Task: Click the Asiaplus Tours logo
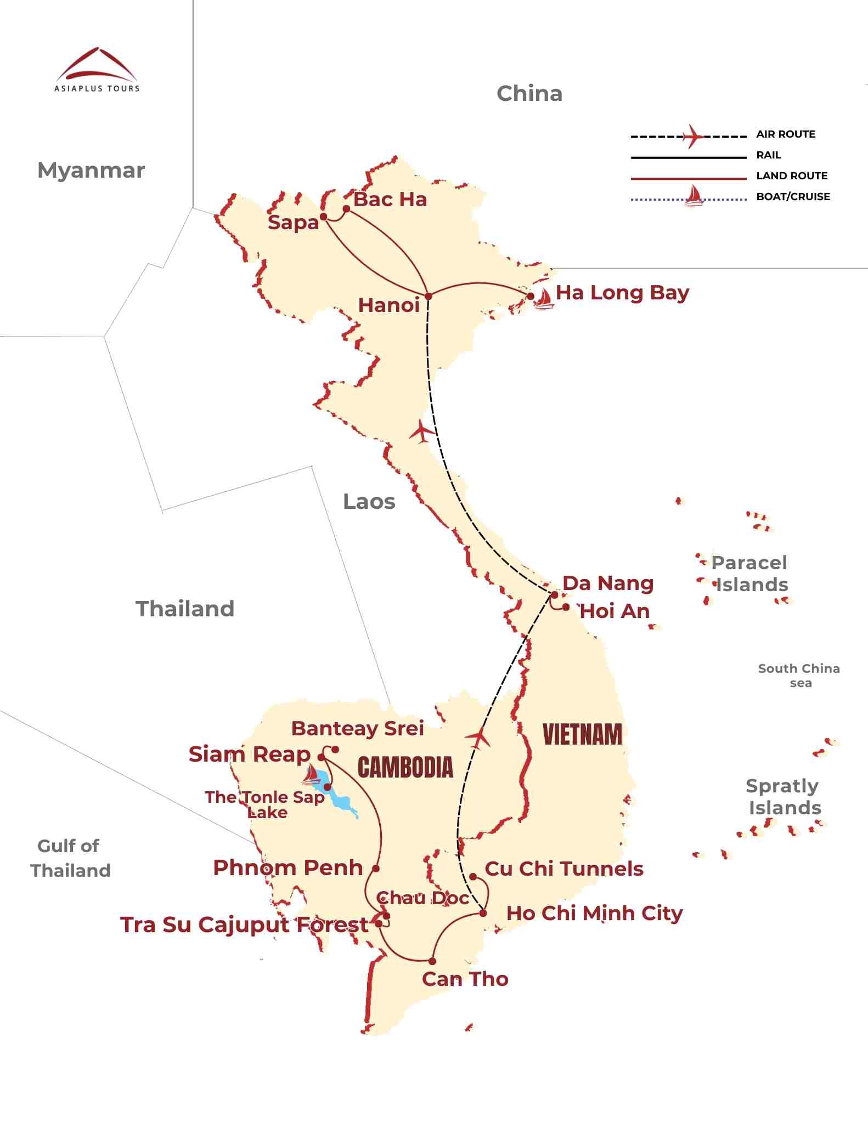pos(97,70)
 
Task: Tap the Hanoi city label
pos(388,305)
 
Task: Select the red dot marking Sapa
pos(324,217)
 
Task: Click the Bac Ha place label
pos(390,200)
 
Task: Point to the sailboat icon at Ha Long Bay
pos(543,299)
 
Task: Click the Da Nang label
pos(608,583)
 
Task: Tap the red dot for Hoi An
pos(566,607)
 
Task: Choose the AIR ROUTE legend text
pos(785,134)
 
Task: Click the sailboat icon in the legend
pos(694,196)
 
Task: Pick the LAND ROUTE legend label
pos(792,176)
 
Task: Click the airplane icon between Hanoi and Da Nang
pos(422,431)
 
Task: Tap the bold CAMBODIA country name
pos(405,767)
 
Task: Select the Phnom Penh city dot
pos(376,869)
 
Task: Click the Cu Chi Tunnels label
pos(564,869)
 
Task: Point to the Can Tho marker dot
pos(432,961)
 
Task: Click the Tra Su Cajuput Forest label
pos(244,925)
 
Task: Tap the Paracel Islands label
pos(751,574)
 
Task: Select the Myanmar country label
pos(91,171)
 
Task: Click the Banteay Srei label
pos(357,728)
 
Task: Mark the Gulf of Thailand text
pos(70,858)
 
